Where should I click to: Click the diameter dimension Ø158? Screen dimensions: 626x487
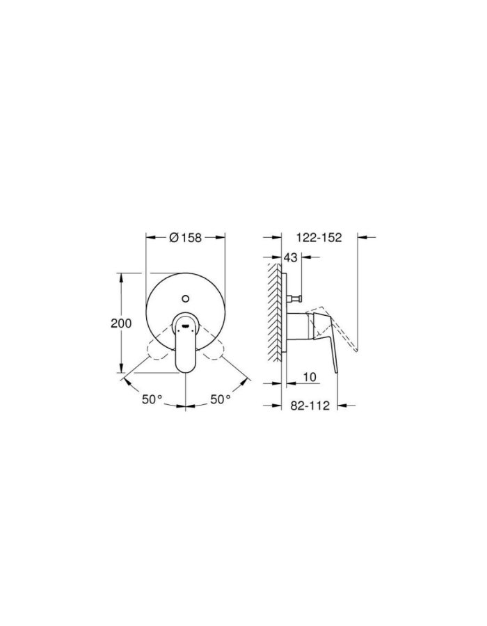186,237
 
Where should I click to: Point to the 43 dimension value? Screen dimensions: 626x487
292,258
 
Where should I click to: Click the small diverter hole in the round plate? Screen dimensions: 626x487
185,298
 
